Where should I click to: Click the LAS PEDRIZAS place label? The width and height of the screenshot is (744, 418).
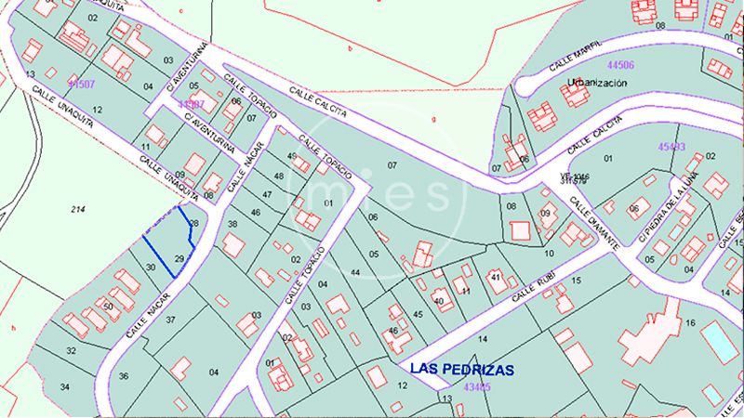point(462,369)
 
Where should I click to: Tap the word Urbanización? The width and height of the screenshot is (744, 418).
point(597,83)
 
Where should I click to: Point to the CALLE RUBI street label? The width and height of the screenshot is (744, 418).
point(538,287)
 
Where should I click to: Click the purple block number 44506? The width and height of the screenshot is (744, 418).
point(619,66)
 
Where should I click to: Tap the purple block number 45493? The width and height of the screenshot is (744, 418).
point(671,147)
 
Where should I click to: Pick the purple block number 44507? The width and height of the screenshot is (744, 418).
point(81,85)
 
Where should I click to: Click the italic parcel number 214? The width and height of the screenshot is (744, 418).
point(77,210)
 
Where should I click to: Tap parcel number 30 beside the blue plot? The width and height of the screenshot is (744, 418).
point(152,268)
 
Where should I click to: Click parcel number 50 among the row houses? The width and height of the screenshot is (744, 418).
point(108,307)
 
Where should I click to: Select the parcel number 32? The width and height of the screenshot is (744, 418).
point(71,350)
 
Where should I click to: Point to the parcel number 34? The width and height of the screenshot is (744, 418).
point(65,385)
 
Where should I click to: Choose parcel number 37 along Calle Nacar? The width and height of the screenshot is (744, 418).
point(170,320)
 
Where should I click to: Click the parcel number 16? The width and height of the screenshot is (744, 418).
point(690,322)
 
